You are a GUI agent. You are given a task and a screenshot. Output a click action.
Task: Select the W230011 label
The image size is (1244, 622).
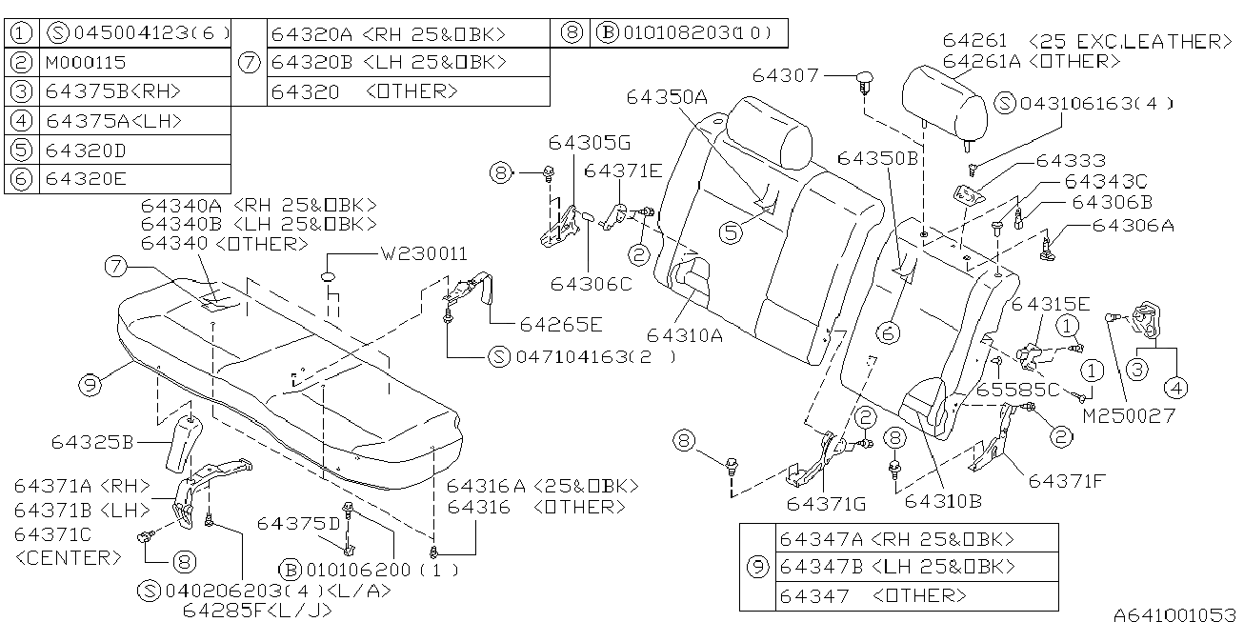point(424,254)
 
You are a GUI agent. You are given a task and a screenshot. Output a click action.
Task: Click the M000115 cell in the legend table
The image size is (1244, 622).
point(85,63)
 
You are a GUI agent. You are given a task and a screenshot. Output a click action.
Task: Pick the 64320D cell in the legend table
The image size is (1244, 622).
point(86,150)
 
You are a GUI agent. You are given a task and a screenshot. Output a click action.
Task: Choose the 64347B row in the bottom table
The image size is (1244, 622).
point(896,567)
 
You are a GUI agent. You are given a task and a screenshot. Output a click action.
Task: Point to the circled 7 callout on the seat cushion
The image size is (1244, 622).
point(116,269)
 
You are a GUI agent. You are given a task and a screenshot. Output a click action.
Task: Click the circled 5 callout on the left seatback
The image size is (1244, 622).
point(731,231)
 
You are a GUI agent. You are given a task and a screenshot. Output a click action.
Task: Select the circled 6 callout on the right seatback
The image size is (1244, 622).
point(888,333)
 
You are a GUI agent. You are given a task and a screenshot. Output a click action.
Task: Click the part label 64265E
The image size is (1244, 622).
point(561,325)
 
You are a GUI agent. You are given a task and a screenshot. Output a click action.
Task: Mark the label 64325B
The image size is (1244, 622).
point(92,442)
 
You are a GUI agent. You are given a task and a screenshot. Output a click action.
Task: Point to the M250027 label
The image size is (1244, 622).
point(1128,415)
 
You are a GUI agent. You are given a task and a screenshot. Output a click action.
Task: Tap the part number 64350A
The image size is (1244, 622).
point(667,97)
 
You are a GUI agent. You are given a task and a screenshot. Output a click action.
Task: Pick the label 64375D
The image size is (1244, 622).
point(298,523)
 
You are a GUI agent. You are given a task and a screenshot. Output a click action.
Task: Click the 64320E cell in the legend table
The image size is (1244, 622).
point(86,178)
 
